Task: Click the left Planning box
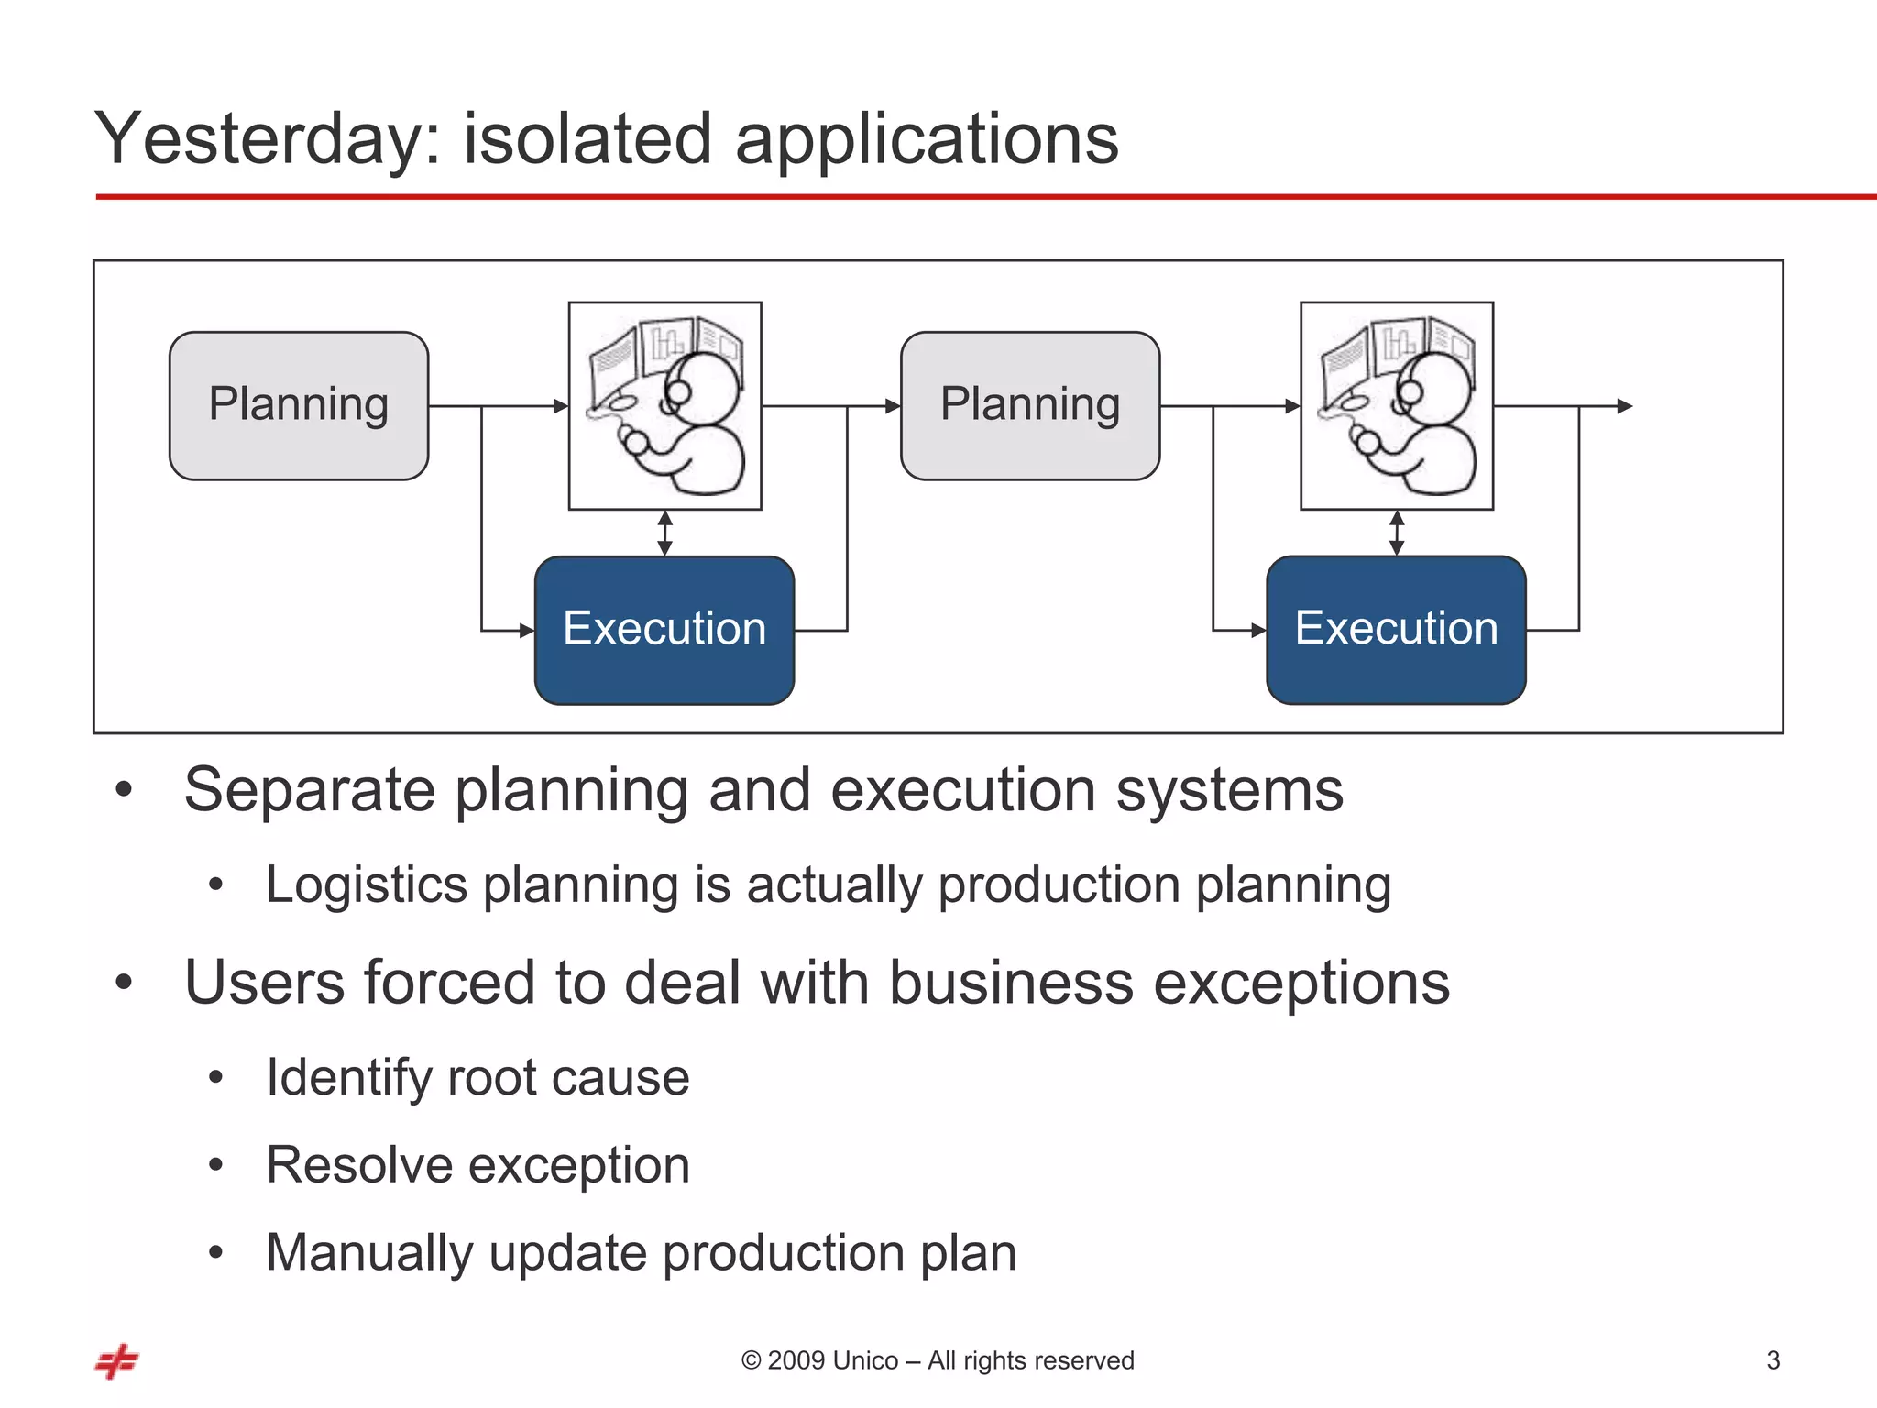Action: pyautogui.click(x=299, y=405)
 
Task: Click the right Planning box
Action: pyautogui.click(x=1030, y=405)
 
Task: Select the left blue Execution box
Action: pyautogui.click(x=664, y=630)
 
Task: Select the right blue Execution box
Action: pyautogui.click(x=1396, y=630)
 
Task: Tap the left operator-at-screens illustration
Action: pyautogui.click(x=665, y=405)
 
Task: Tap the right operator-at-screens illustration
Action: pyautogui.click(x=1397, y=405)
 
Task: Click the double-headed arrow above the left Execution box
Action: pyautogui.click(x=665, y=533)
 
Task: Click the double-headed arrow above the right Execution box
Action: pyautogui.click(x=1397, y=533)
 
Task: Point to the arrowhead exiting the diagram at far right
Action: pyautogui.click(x=1624, y=405)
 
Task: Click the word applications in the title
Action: pyautogui.click(x=926, y=139)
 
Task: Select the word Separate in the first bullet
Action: pyautogui.click(x=309, y=790)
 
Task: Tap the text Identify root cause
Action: pyautogui.click(x=477, y=1077)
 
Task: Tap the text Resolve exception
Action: pyautogui.click(x=477, y=1165)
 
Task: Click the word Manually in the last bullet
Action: pyautogui.click(x=368, y=1252)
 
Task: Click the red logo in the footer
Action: pyautogui.click(x=117, y=1361)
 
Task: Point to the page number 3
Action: pyautogui.click(x=1773, y=1360)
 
